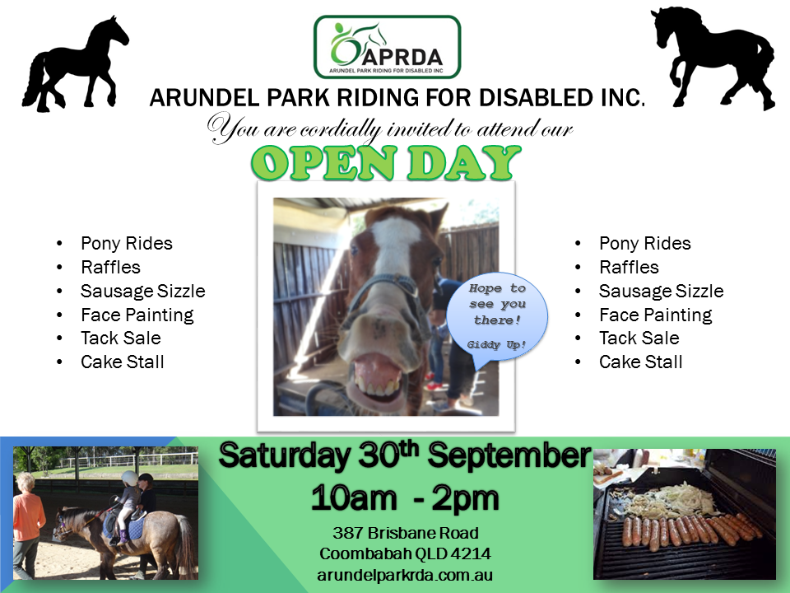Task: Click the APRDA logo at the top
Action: (387, 47)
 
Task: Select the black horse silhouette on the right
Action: (713, 58)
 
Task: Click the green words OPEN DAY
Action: (386, 163)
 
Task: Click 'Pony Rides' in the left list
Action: (127, 244)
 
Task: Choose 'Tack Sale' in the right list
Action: (639, 338)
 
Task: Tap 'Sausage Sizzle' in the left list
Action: (143, 291)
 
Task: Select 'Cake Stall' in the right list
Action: (641, 362)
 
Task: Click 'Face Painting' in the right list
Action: (656, 315)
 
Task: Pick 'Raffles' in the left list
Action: (110, 267)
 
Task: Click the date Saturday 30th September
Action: (405, 455)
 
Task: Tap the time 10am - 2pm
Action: (405, 498)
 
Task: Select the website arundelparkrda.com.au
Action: (405, 575)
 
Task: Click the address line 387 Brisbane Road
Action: (406, 533)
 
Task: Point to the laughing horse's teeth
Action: (378, 385)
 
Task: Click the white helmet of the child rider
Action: (130, 479)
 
